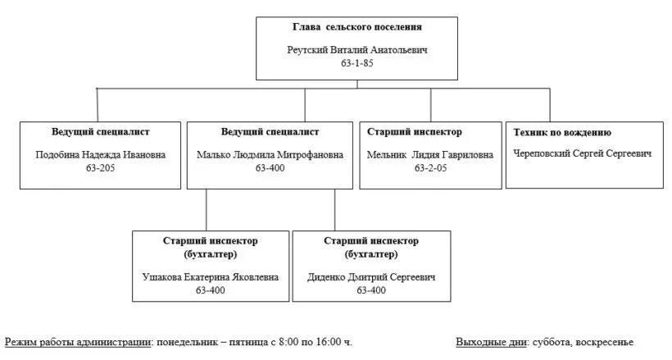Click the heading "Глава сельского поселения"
coord(357,27)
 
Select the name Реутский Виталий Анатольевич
coord(357,50)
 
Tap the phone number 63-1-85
coord(356,63)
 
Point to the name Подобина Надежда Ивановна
coord(101,155)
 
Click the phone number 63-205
coord(101,168)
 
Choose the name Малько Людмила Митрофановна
coord(270,155)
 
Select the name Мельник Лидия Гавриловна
coord(430,155)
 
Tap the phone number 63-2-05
coord(430,168)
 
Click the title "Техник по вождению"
coord(562,132)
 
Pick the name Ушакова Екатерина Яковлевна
coord(211,276)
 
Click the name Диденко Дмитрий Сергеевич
coord(371,276)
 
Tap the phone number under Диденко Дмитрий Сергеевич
coord(371,289)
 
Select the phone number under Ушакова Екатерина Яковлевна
coord(211,289)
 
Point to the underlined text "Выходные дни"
coord(491,342)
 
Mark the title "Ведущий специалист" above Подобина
coord(101,131)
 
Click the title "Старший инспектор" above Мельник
coord(415,131)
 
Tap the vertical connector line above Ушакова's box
coord(207,210)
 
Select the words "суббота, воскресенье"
coord(582,342)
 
